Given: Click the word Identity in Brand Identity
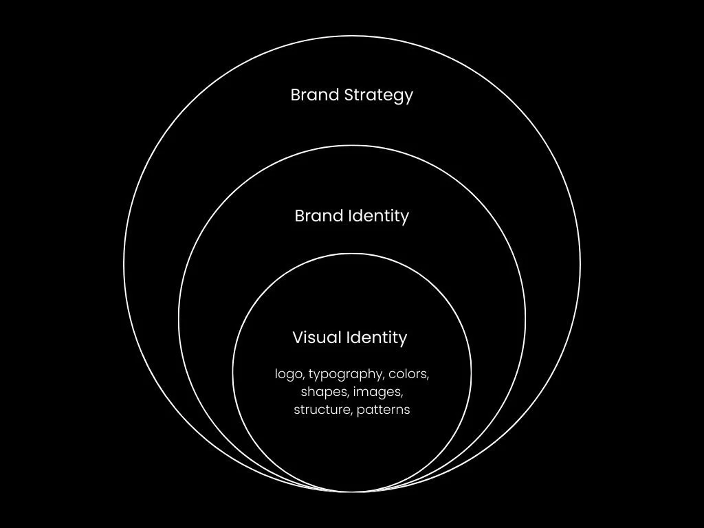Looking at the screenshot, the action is click(377, 216).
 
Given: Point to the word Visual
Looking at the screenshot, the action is click(316, 338).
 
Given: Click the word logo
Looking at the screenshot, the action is click(288, 375).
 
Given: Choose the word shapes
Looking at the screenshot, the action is click(324, 393).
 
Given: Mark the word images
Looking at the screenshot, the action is click(378, 393).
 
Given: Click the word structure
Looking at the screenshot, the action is click(322, 410).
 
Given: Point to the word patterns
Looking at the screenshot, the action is click(384, 410).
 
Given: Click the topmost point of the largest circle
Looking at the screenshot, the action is click(352, 36).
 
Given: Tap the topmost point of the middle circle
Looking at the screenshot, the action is click(352, 146).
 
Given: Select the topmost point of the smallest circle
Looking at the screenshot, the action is click(352, 254).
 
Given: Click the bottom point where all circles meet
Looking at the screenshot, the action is click(352, 492).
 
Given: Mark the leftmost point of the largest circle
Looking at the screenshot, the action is click(124, 264).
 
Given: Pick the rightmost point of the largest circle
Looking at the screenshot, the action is click(580, 264).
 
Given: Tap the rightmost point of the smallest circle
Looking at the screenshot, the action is click(472, 373).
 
